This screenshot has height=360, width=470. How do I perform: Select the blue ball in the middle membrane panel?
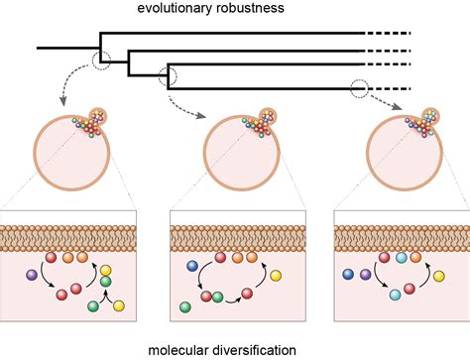coord(193,266)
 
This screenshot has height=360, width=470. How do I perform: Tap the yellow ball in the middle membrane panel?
coord(275,275)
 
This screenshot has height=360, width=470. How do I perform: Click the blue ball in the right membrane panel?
coord(348,274)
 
